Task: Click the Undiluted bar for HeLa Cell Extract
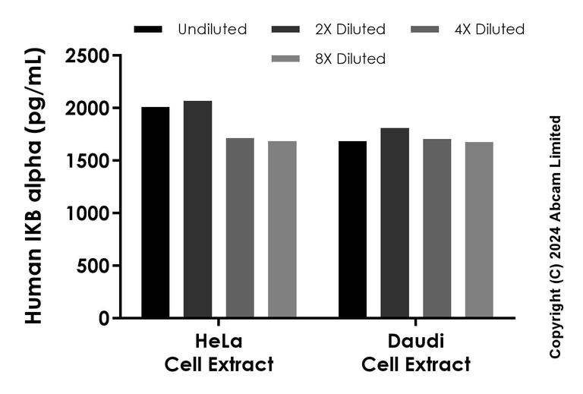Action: (x=155, y=213)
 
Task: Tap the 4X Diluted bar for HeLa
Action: (x=240, y=228)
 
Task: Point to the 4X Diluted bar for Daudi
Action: (x=437, y=229)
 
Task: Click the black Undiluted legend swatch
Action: (x=148, y=30)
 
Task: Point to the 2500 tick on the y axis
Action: (x=87, y=55)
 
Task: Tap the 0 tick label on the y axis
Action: (x=104, y=319)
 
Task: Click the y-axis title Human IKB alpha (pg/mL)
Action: (x=34, y=186)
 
